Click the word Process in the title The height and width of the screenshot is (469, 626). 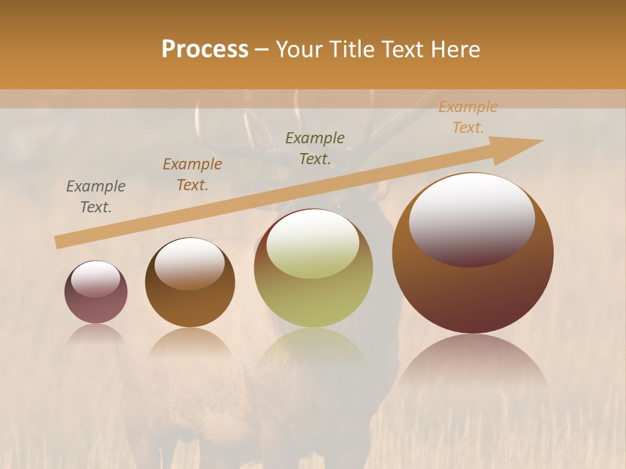pos(205,50)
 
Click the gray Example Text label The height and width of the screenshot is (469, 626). pos(96,197)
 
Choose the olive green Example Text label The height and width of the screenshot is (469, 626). pos(315,149)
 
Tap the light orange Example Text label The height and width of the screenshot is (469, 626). pos(468,117)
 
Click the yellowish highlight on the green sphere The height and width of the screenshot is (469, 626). pos(313,244)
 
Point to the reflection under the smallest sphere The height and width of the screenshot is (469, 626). pos(96,334)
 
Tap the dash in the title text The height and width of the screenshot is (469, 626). pos(262,50)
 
